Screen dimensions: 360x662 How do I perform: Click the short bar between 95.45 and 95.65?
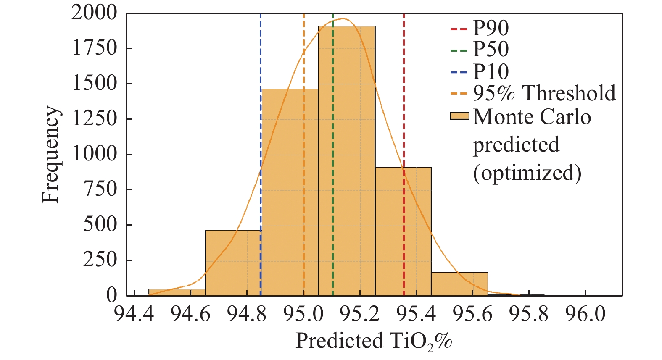(459, 284)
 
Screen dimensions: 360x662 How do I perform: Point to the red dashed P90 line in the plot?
(404, 105)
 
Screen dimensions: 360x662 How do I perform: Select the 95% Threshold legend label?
(544, 93)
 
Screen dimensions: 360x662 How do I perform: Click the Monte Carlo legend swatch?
(459, 116)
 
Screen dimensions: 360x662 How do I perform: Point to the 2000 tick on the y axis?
(95, 13)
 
